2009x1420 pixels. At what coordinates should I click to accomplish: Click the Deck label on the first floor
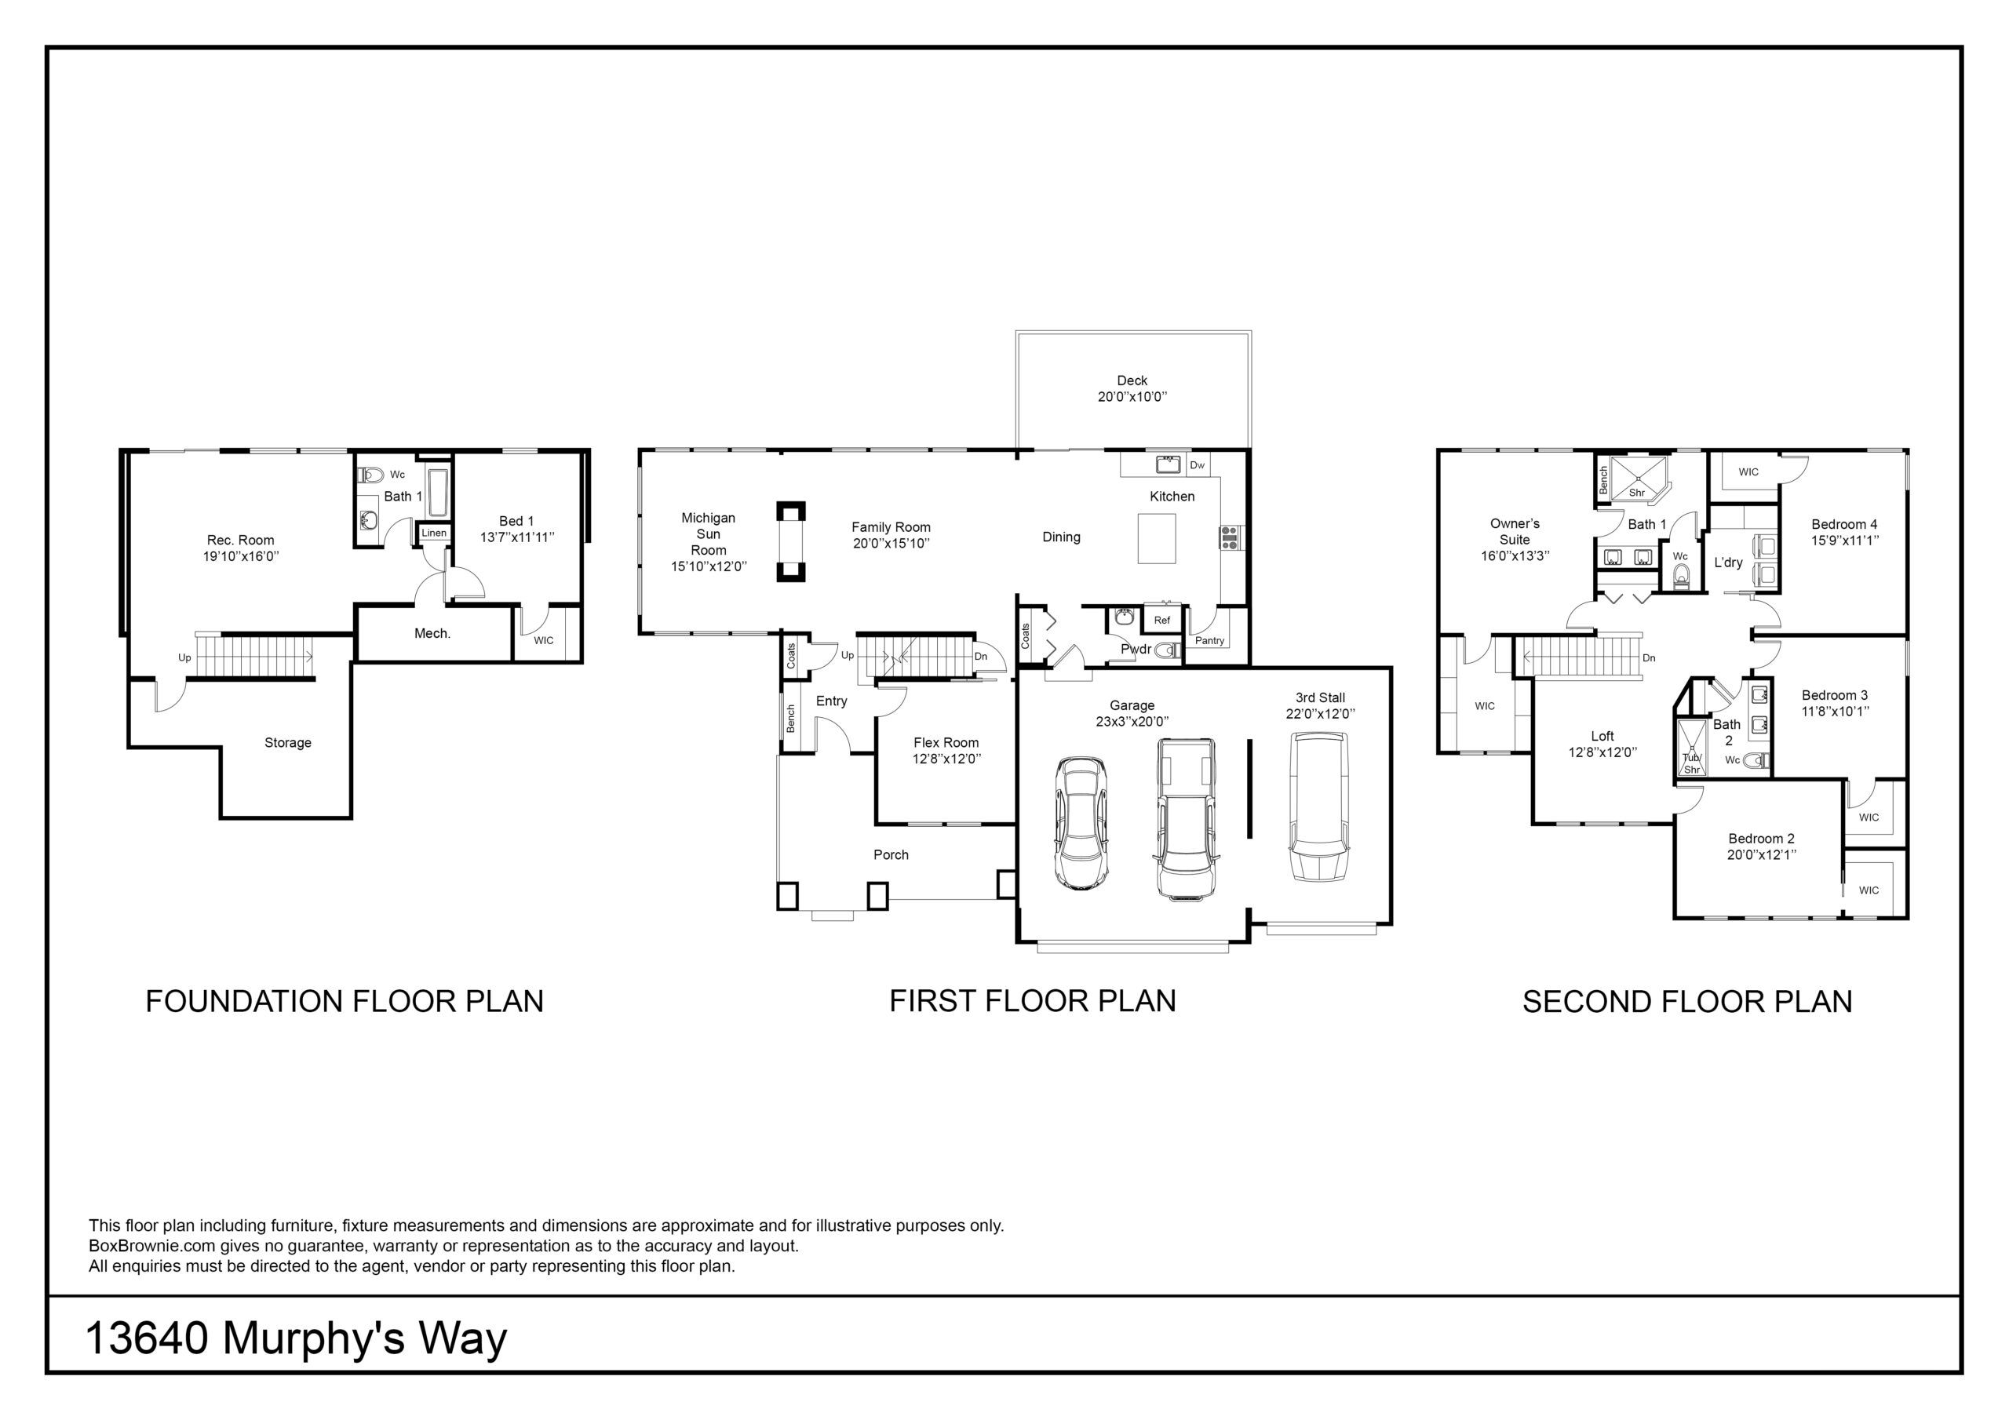tap(1132, 380)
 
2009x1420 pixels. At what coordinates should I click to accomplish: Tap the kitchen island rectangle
tap(1157, 538)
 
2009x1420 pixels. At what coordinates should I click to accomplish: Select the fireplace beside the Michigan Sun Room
tap(791, 541)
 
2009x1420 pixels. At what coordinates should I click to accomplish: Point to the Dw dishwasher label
tap(1197, 464)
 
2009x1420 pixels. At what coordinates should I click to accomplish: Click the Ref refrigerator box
tap(1162, 621)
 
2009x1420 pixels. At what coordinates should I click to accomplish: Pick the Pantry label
tap(1209, 640)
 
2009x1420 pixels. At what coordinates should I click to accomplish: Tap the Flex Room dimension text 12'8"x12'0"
tap(946, 759)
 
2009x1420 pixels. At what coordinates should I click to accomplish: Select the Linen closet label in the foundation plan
tap(434, 533)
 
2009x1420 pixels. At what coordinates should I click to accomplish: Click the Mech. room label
tap(432, 633)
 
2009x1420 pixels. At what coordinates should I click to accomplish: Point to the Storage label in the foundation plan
tap(288, 743)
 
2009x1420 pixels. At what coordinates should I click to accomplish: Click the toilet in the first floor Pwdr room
tap(1165, 650)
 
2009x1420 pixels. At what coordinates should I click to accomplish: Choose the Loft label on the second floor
tap(1602, 736)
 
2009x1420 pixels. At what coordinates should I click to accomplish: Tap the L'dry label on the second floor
tap(1728, 563)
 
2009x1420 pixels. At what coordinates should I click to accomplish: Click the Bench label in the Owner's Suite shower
tap(1604, 480)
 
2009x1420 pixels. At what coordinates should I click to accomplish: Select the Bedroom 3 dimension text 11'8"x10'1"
tap(1835, 712)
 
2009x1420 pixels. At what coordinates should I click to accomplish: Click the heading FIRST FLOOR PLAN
tap(1033, 1001)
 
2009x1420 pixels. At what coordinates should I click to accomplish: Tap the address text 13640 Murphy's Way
tap(297, 1339)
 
